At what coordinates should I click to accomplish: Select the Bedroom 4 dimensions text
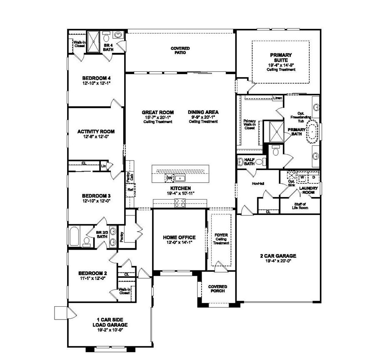coord(96,83)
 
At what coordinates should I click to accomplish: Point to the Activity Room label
coord(96,132)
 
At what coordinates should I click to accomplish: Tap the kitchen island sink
coord(180,179)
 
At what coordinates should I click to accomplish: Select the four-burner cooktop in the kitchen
coord(180,203)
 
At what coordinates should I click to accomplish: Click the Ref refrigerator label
coord(130,190)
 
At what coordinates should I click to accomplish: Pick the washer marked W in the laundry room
coord(302,177)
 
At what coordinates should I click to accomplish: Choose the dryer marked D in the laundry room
coord(314,177)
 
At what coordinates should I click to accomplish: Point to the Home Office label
coord(179,237)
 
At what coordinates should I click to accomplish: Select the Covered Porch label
coord(218,288)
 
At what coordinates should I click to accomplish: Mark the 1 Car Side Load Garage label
coord(110,322)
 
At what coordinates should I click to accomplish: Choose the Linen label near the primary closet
coord(277,98)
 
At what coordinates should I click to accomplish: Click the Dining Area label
coord(203,112)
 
